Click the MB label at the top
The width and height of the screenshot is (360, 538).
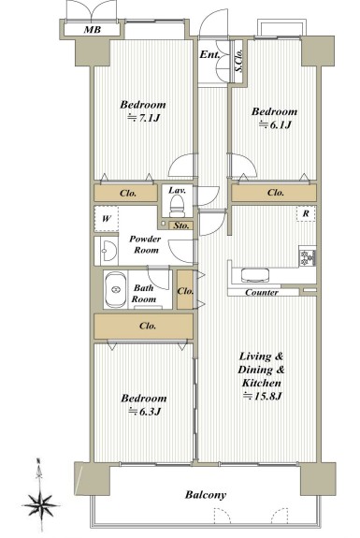(x=93, y=30)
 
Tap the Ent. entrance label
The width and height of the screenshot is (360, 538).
(x=209, y=54)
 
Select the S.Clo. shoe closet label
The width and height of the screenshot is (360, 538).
(x=239, y=60)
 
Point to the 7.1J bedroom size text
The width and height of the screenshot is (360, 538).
(x=144, y=119)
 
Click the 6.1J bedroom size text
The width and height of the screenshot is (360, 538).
(x=275, y=124)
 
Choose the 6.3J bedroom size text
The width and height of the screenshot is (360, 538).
(x=144, y=411)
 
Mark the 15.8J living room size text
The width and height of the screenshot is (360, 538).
(x=262, y=397)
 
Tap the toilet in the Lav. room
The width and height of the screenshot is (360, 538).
(x=178, y=205)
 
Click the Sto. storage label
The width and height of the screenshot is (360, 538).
(x=181, y=225)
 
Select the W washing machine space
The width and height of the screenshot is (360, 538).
(x=107, y=219)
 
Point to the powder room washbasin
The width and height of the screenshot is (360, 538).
(x=107, y=251)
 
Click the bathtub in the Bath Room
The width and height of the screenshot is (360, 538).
(x=115, y=290)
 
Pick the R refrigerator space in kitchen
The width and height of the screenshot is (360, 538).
(x=306, y=213)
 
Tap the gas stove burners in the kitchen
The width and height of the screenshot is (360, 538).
(x=308, y=257)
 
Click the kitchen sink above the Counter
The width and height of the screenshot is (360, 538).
(x=255, y=275)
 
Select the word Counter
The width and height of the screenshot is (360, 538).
(x=262, y=293)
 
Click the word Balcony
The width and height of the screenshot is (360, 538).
(x=206, y=495)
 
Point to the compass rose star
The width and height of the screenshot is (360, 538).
(x=40, y=505)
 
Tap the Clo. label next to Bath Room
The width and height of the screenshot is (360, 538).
(x=185, y=291)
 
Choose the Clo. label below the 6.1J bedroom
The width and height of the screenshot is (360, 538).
(x=276, y=193)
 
